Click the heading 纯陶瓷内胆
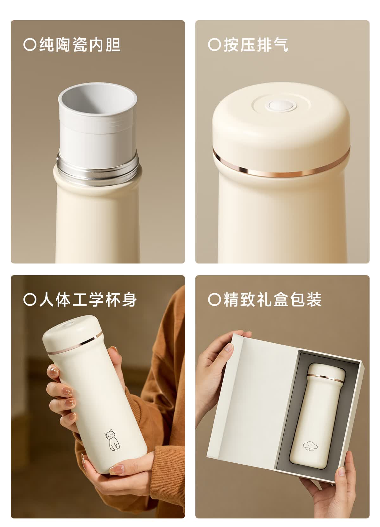coord(80,45)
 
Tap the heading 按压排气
coord(256,45)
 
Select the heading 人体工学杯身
coord(88,300)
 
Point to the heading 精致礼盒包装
coord(272,300)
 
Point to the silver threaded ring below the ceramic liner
coord(97,168)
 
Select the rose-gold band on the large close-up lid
coord(281,165)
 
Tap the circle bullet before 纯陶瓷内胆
coord(30,45)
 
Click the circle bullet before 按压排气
coord(214,45)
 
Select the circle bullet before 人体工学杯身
coord(30,300)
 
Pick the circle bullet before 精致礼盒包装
coord(214,300)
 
